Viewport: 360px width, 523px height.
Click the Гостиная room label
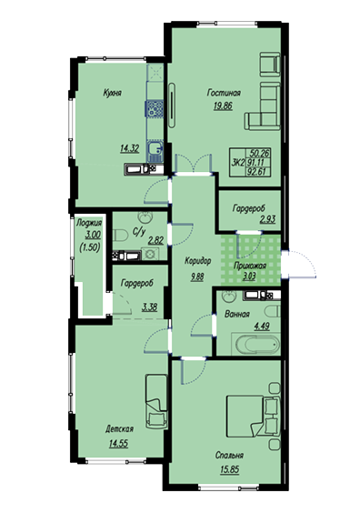point(224,93)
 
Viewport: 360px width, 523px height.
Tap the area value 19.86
point(223,106)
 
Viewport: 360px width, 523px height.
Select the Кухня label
point(113,93)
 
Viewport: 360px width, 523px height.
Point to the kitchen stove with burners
point(154,109)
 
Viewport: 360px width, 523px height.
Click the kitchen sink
point(155,148)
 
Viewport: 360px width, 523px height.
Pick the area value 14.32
point(130,148)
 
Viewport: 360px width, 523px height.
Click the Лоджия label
point(89,223)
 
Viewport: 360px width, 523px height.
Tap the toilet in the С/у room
point(120,236)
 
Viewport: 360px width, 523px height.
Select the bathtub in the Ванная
point(256,344)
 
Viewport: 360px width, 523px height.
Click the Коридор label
point(198,261)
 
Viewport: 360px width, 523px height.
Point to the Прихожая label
point(250,266)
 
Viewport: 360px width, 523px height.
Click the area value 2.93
point(267,219)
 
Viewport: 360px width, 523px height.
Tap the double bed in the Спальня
point(253,416)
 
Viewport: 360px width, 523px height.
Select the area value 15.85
point(230,469)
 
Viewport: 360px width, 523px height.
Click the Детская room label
point(119,429)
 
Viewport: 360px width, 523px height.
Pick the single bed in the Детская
point(156,402)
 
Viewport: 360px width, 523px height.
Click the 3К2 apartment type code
point(238,163)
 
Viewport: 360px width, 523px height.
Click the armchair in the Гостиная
point(270,64)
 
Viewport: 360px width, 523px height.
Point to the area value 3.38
point(149,307)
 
